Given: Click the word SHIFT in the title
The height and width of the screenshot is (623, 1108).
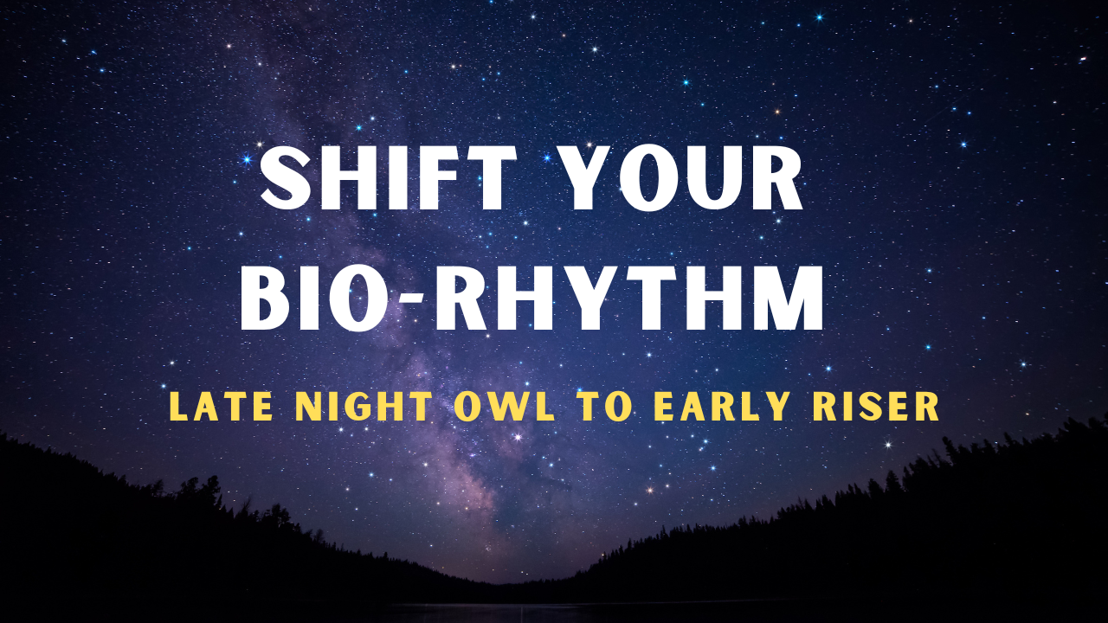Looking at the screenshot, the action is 388,178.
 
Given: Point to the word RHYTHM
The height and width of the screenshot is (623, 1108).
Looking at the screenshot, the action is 628,299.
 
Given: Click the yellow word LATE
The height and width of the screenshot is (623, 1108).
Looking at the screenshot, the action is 221,407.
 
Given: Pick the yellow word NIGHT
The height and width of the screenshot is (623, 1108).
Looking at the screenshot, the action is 364,407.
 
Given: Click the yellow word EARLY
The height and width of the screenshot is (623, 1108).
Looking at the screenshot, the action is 721,407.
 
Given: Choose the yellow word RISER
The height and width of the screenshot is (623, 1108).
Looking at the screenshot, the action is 874,407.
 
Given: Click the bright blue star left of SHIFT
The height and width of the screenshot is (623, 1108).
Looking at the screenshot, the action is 247,159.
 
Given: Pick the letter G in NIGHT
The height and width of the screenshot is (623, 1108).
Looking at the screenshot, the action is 356,407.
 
